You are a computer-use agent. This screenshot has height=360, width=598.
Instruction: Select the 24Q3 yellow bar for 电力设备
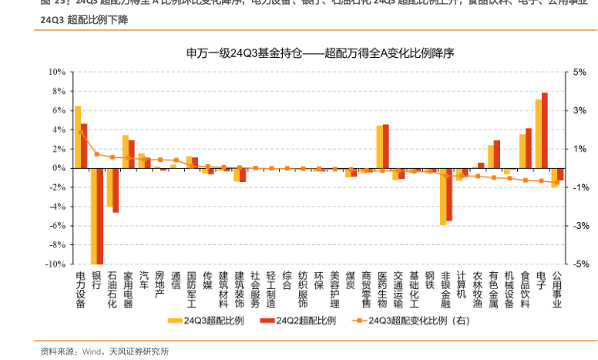[77, 136]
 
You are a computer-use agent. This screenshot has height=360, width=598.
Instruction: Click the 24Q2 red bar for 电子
[545, 130]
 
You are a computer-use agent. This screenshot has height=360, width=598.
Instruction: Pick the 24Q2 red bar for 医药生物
[386, 146]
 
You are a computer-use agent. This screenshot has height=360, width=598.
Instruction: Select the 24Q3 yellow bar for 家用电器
[126, 151]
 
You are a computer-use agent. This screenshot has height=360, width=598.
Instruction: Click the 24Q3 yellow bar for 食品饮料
[522, 150]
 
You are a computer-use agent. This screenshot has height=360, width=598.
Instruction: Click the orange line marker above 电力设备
[81, 132]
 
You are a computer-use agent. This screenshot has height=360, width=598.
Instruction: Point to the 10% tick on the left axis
[55, 72]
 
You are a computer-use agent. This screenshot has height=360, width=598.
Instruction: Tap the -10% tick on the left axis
[54, 264]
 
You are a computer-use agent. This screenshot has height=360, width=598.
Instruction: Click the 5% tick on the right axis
[580, 72]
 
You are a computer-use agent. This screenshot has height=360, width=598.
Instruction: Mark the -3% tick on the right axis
[582, 226]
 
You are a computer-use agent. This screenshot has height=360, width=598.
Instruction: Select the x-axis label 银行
[96, 279]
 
